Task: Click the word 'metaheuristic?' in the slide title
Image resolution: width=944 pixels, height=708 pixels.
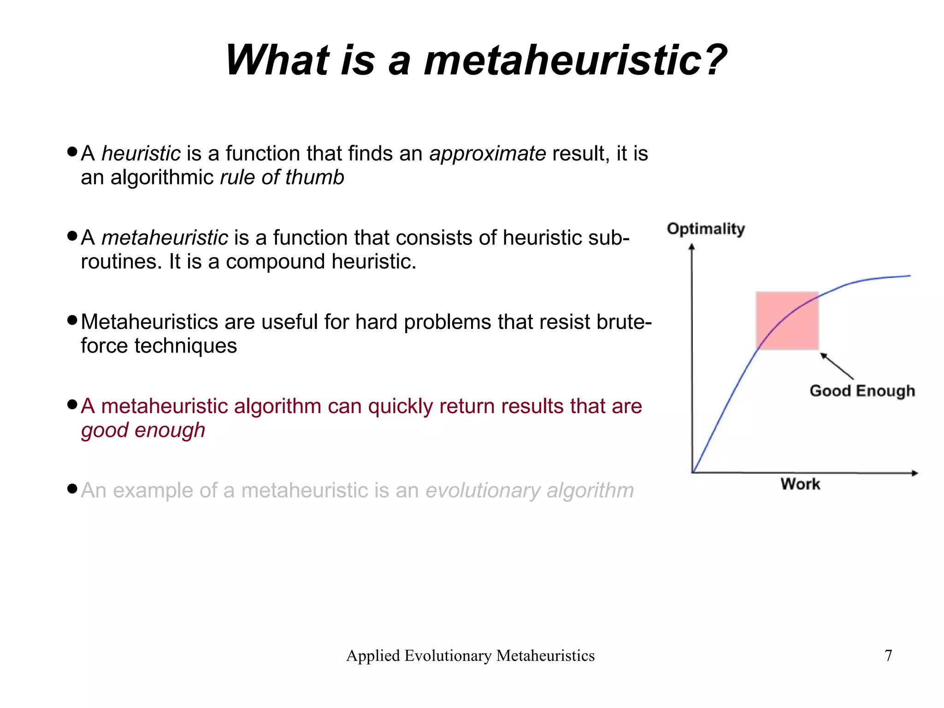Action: coord(575,60)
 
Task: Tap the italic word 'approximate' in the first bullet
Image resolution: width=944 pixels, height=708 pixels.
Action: coord(487,154)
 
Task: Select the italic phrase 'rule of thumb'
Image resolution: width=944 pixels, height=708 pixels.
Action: coord(282,178)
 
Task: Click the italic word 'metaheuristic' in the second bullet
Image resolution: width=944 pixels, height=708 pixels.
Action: coord(165,238)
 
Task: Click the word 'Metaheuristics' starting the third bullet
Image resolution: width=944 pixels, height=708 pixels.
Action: coord(149,322)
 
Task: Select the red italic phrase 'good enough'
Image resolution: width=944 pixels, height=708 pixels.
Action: coord(143,430)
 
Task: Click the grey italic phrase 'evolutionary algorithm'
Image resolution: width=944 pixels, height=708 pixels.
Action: coord(530,490)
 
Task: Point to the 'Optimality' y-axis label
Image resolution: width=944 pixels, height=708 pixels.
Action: coord(706,229)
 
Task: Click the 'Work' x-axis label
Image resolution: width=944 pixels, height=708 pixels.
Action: coord(800,484)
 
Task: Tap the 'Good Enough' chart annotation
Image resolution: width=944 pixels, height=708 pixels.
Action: coord(862,391)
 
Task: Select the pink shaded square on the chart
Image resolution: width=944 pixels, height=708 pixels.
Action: coord(787,321)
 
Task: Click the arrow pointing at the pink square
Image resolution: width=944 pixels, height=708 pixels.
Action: coord(837,366)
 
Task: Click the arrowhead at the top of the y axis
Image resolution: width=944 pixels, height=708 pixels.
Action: coord(692,248)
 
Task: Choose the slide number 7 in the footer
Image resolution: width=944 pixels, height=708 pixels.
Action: coord(888,655)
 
